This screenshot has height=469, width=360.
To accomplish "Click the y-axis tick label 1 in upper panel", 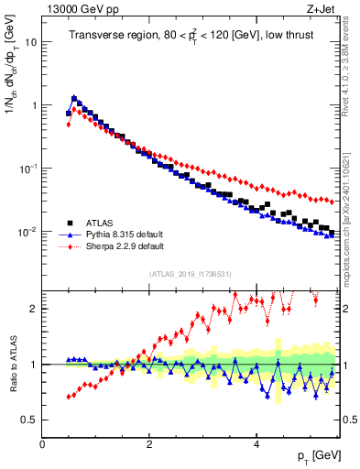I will (34, 105).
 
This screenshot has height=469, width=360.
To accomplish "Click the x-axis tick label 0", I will (42, 442).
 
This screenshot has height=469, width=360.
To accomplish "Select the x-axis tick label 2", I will (148, 442).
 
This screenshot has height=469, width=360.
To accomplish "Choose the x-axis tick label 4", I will (256, 442).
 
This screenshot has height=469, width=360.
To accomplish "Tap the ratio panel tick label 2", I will (34, 309).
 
